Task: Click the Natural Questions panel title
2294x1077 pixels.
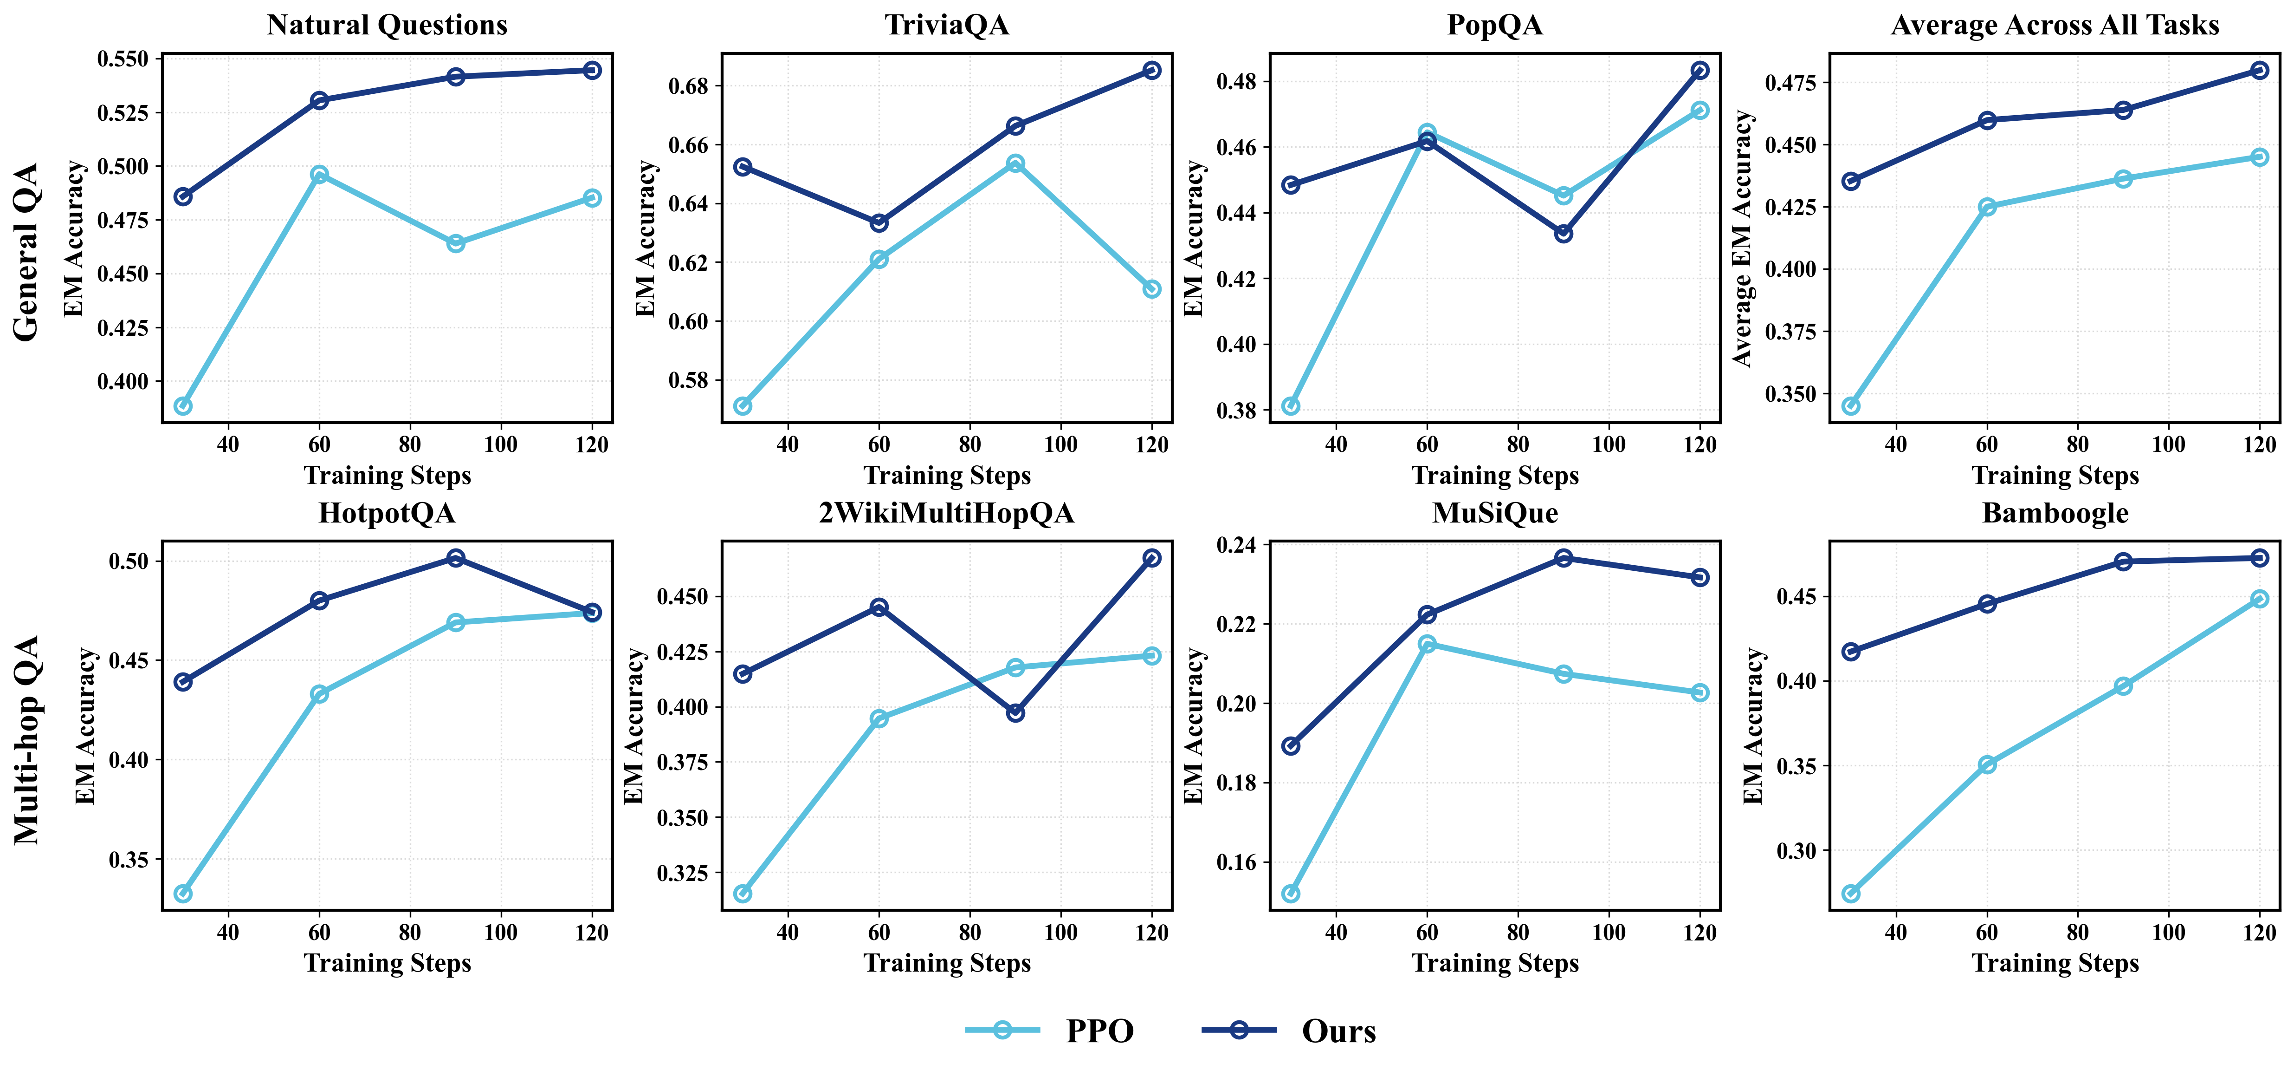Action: point(388,25)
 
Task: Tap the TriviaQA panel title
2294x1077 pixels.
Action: point(947,25)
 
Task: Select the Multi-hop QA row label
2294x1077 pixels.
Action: point(27,739)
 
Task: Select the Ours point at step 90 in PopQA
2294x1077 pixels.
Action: point(1564,234)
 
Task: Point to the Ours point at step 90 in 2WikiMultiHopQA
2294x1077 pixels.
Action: point(1015,712)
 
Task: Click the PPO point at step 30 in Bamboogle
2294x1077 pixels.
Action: point(1850,894)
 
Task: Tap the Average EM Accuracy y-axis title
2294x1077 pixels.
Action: point(1743,239)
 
